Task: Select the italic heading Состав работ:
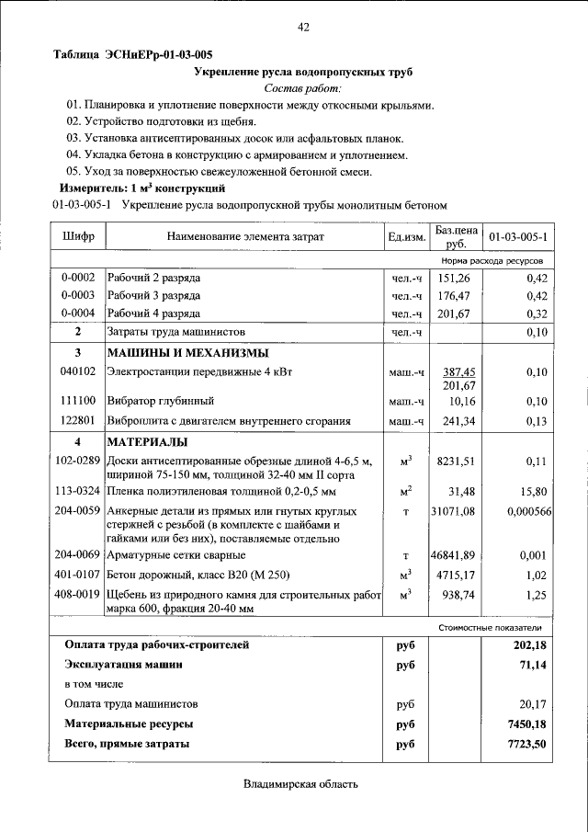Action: coord(302,88)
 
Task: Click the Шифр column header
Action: coord(78,237)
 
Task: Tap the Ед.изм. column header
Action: coord(406,237)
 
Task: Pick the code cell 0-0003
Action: coord(78,295)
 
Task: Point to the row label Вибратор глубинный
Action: coord(161,401)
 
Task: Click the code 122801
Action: coord(78,420)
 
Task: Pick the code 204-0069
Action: coord(78,555)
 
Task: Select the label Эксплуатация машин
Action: coord(123,664)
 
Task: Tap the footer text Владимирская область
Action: coord(300,784)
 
